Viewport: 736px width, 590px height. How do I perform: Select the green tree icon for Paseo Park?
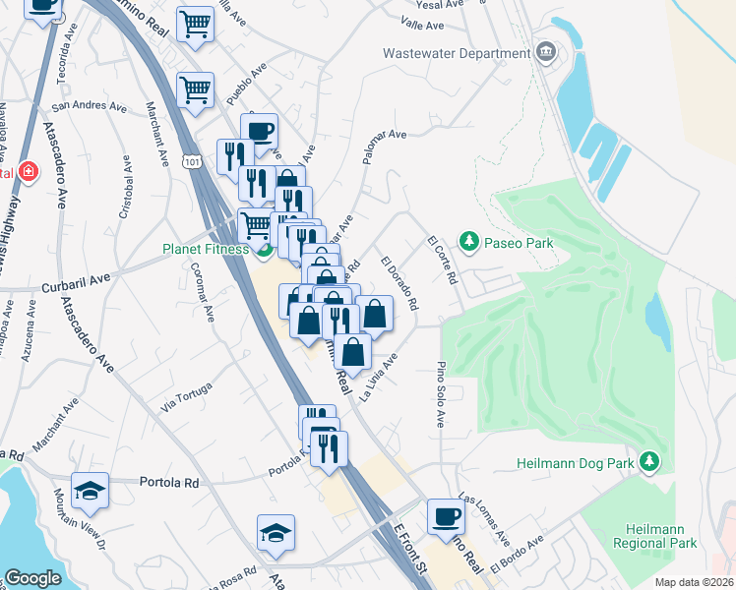469,242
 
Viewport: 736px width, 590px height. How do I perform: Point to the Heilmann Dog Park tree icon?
649,461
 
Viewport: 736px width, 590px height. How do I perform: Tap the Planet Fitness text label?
206,249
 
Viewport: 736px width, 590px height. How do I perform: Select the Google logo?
32,578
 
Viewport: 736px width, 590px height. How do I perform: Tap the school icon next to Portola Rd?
91,493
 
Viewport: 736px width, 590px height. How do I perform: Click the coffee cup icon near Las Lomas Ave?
446,515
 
